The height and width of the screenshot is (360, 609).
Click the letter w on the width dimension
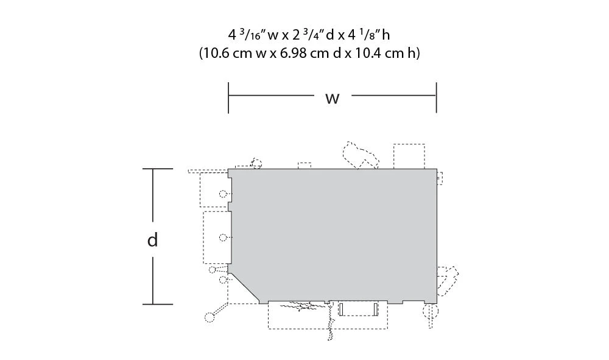[333, 99]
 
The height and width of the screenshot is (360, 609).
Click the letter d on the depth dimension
[153, 239]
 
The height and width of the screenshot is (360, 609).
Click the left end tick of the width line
[228, 97]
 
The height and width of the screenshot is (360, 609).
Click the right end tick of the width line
[437, 97]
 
